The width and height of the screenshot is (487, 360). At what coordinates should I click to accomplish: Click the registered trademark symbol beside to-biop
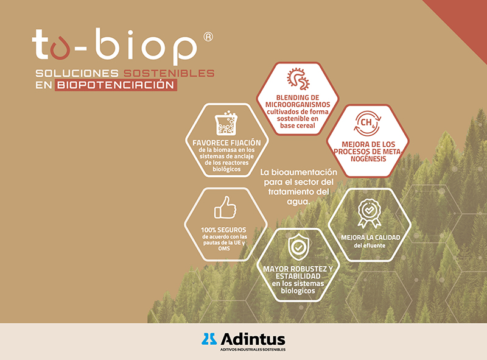(208, 37)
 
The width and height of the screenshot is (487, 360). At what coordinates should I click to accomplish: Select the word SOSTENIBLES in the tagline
(169, 73)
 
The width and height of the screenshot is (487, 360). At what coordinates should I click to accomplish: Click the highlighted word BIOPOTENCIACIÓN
(116, 85)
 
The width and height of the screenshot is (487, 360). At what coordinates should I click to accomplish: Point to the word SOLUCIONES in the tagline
(77, 73)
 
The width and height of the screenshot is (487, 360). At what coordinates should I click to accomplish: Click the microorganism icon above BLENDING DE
(298, 79)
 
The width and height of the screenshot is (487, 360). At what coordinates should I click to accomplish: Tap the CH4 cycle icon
(368, 124)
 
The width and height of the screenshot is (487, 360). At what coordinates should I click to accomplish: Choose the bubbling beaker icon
(226, 122)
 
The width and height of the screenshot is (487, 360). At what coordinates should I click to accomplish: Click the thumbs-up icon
(225, 207)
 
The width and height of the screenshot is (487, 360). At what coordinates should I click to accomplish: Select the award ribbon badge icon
(370, 213)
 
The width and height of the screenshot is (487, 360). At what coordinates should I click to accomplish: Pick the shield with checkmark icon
(298, 247)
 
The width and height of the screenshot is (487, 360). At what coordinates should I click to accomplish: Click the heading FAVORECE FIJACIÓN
(226, 143)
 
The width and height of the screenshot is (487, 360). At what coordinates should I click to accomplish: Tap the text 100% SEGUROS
(223, 230)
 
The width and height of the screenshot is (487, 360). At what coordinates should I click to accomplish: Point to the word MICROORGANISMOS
(298, 105)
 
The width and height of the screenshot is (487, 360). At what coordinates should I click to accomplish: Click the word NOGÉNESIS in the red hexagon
(368, 159)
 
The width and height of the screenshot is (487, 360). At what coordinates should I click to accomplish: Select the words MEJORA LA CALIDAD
(371, 238)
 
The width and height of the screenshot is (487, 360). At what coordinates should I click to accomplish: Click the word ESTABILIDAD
(298, 277)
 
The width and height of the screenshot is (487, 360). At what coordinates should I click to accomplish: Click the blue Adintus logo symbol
(209, 339)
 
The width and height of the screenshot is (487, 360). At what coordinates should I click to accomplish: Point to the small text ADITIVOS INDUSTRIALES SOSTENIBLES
(253, 350)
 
